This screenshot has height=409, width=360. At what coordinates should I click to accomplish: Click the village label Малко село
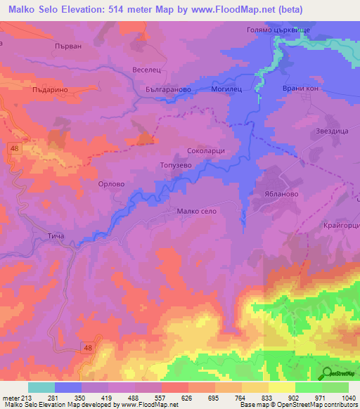200,211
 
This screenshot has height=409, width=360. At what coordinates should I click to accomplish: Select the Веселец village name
147,70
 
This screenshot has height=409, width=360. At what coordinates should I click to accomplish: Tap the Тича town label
56,236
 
